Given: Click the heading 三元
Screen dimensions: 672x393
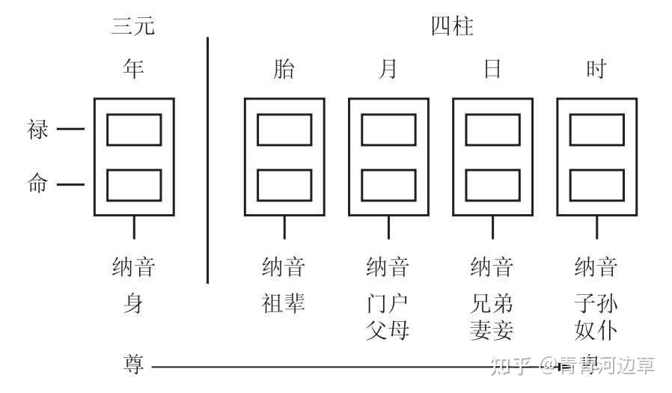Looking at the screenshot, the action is click(133, 27).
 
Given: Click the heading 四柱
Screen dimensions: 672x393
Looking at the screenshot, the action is click(452, 27).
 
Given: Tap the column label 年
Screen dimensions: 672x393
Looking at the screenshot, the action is click(133, 69).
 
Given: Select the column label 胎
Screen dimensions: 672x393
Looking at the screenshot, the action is click(284, 70).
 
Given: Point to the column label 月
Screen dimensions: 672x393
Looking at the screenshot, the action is click(388, 70).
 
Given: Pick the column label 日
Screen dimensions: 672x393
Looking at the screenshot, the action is click(492, 70).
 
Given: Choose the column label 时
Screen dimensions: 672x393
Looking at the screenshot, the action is click(596, 70).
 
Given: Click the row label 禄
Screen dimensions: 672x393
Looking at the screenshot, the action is click(38, 130).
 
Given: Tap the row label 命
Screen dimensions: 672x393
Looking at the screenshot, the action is click(38, 184).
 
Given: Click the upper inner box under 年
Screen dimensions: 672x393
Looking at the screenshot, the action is click(134, 130).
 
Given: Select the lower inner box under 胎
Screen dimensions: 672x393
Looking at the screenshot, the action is click(284, 185).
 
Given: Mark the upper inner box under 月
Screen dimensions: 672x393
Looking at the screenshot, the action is click(388, 130).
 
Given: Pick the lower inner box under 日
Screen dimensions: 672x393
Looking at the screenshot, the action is click(492, 185).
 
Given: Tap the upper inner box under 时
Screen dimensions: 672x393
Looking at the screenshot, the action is click(596, 130).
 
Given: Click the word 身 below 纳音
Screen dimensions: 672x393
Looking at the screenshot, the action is click(133, 304).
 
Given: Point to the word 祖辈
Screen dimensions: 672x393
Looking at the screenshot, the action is click(284, 304).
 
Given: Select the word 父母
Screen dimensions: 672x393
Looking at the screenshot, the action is click(388, 329).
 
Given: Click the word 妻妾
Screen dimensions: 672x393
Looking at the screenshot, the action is click(492, 329).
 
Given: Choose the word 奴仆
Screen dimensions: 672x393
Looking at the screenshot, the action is click(596, 329).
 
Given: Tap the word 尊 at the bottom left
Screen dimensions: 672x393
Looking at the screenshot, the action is click(133, 365).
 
